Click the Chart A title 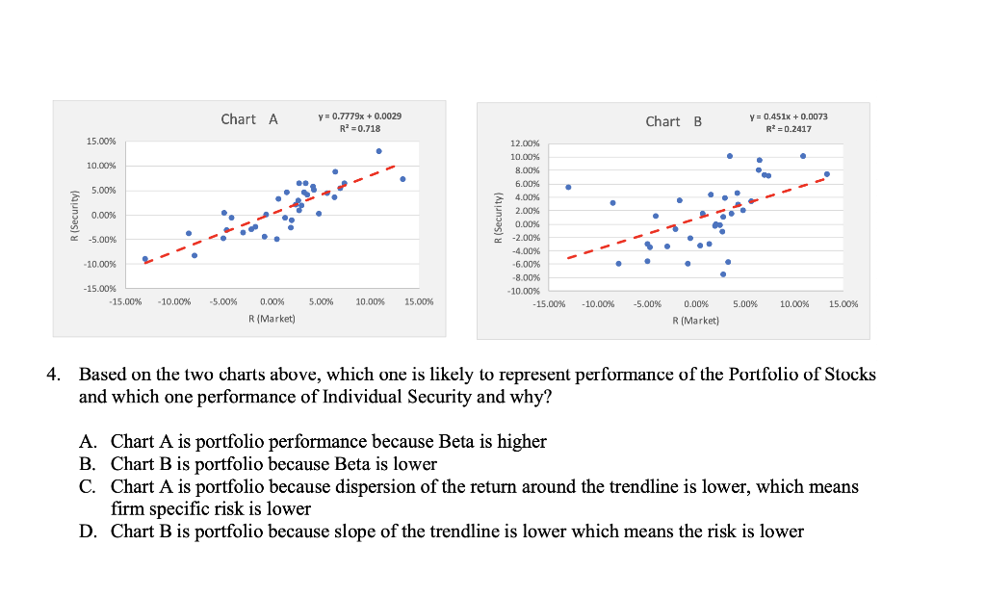249,119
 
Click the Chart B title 674,121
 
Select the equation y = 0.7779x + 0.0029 359,116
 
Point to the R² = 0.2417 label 787,129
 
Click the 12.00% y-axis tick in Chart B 525,143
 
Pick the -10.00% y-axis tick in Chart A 102,264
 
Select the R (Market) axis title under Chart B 696,320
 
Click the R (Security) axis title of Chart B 498,218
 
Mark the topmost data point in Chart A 378,151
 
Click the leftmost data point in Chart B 568,188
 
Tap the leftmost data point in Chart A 144,259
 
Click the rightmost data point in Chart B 826,174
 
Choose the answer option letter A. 88,442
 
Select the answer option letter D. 88,532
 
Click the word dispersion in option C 396,487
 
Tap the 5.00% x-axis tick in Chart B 745,304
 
